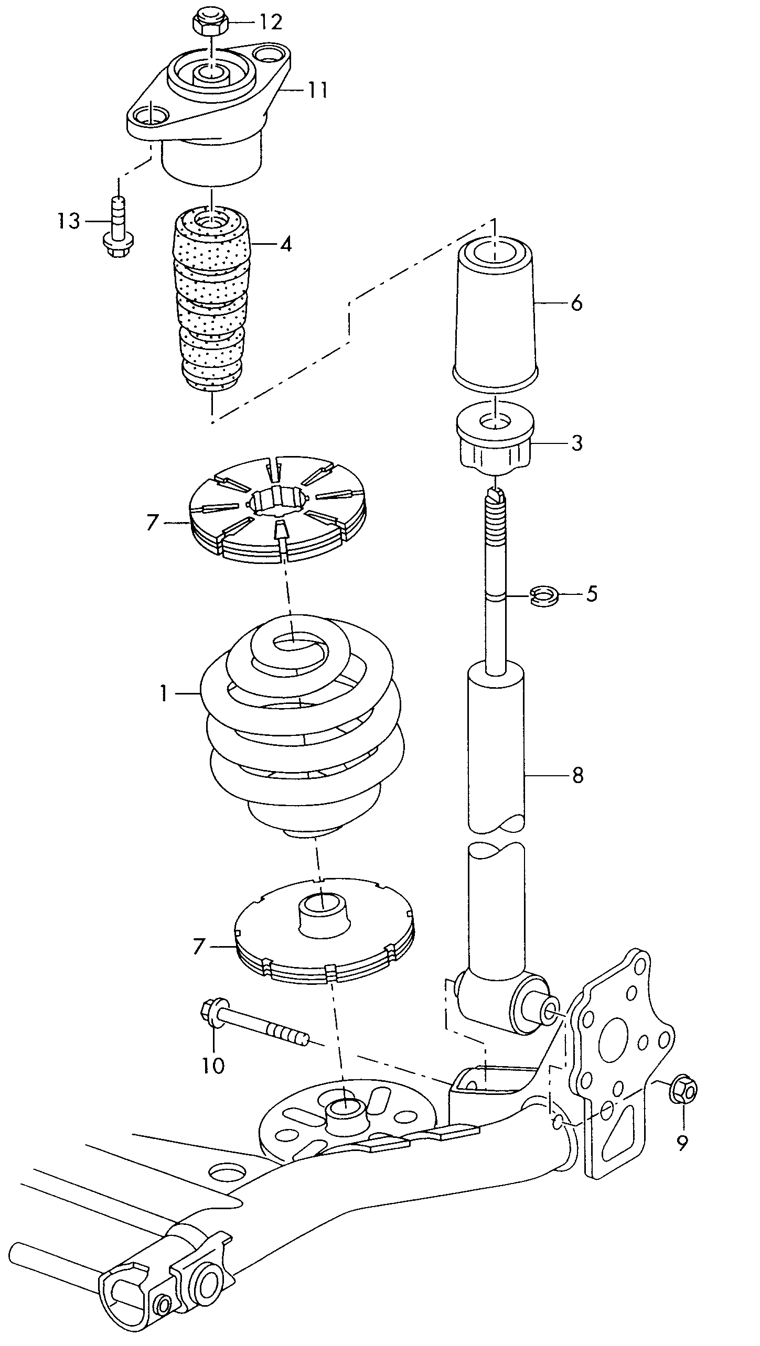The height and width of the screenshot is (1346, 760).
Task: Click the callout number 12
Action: click(271, 22)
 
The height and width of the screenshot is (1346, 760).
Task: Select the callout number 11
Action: click(317, 90)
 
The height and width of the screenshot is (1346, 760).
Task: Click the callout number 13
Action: click(69, 221)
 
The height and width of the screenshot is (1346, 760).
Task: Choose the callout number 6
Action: click(576, 303)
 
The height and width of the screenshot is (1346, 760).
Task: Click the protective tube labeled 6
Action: click(496, 314)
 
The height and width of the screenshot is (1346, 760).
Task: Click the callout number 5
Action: click(592, 594)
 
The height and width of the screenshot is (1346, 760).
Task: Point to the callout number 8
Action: click(577, 776)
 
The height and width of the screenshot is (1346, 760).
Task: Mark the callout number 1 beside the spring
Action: click(164, 694)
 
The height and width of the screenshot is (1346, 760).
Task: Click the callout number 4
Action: click(285, 244)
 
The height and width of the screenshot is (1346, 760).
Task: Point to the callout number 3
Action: click(576, 444)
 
